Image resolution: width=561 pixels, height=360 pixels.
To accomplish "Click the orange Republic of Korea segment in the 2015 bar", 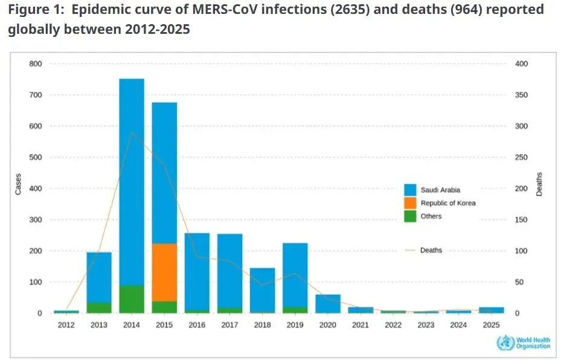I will coord(164,272).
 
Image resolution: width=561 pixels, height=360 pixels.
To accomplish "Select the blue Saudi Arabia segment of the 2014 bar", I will coord(132,181).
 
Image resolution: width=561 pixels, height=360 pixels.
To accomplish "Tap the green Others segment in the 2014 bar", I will coord(132,299).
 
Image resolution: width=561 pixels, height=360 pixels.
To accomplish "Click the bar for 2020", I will coord(327,304).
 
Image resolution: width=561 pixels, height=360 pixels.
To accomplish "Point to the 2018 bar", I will coord(262,290).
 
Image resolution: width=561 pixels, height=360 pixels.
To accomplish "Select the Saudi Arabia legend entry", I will coord(440,190).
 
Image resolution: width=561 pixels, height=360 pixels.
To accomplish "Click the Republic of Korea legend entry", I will coord(447,203).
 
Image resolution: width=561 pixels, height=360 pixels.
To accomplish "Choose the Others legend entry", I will coord(431,216).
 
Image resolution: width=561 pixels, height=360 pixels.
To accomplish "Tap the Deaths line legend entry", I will coord(431,250).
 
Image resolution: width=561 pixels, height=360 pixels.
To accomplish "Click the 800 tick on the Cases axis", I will coord(36,64).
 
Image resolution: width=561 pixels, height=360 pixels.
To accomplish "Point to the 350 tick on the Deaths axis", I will coord(521,95).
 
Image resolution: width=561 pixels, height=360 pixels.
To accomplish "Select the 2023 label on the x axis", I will coord(425,325).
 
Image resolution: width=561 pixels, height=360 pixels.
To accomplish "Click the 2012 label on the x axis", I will coord(66,325).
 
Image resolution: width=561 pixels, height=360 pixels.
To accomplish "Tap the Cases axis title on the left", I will coord(18,184).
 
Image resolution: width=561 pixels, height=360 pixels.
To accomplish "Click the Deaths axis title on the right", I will coord(539,184).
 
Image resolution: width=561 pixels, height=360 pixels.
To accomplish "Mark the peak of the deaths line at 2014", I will coord(132,132).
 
